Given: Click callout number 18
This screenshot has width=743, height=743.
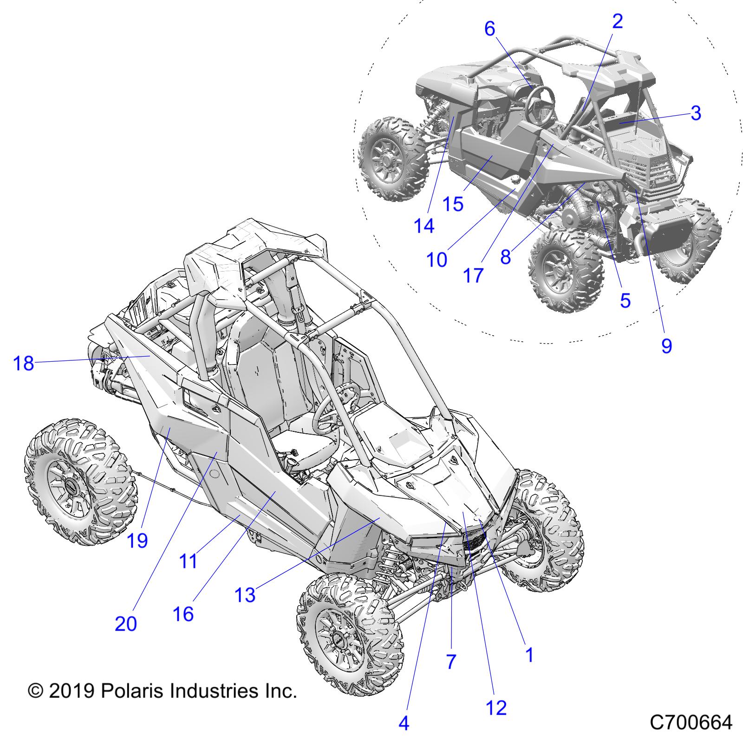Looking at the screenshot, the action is point(24,363).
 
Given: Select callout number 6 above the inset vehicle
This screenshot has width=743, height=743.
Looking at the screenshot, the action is point(490,29).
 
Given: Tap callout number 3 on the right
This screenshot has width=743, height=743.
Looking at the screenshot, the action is point(695,113).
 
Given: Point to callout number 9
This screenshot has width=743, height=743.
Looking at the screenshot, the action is point(666,345).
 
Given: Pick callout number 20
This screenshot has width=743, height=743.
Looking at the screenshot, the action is point(126,624).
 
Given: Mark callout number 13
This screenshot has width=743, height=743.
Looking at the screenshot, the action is point(245,595).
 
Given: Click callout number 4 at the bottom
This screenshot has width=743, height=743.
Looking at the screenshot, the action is point(404,723).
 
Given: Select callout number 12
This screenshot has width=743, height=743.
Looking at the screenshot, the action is point(495,708).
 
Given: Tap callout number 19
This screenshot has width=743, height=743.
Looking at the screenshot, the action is point(137,541).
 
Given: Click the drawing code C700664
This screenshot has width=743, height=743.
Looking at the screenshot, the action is point(691,723).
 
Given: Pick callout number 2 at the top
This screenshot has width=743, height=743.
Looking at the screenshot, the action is point(617,21).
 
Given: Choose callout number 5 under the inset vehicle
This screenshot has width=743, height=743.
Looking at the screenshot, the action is point(625,301).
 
